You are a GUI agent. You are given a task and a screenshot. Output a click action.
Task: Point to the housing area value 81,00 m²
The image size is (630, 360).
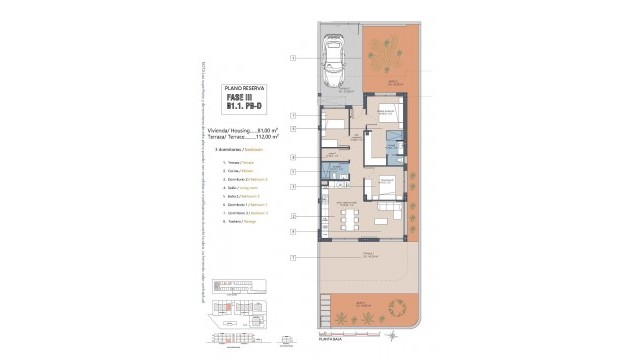coord(267,130)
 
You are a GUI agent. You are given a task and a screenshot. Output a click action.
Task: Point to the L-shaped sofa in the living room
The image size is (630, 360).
coord(393,213)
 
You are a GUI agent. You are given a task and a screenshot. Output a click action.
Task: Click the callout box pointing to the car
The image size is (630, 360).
coord(293,59)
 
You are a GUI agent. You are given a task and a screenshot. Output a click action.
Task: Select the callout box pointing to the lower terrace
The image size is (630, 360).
coord(293,258)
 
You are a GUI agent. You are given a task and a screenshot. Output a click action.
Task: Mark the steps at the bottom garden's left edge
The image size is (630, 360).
coord(324,305)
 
